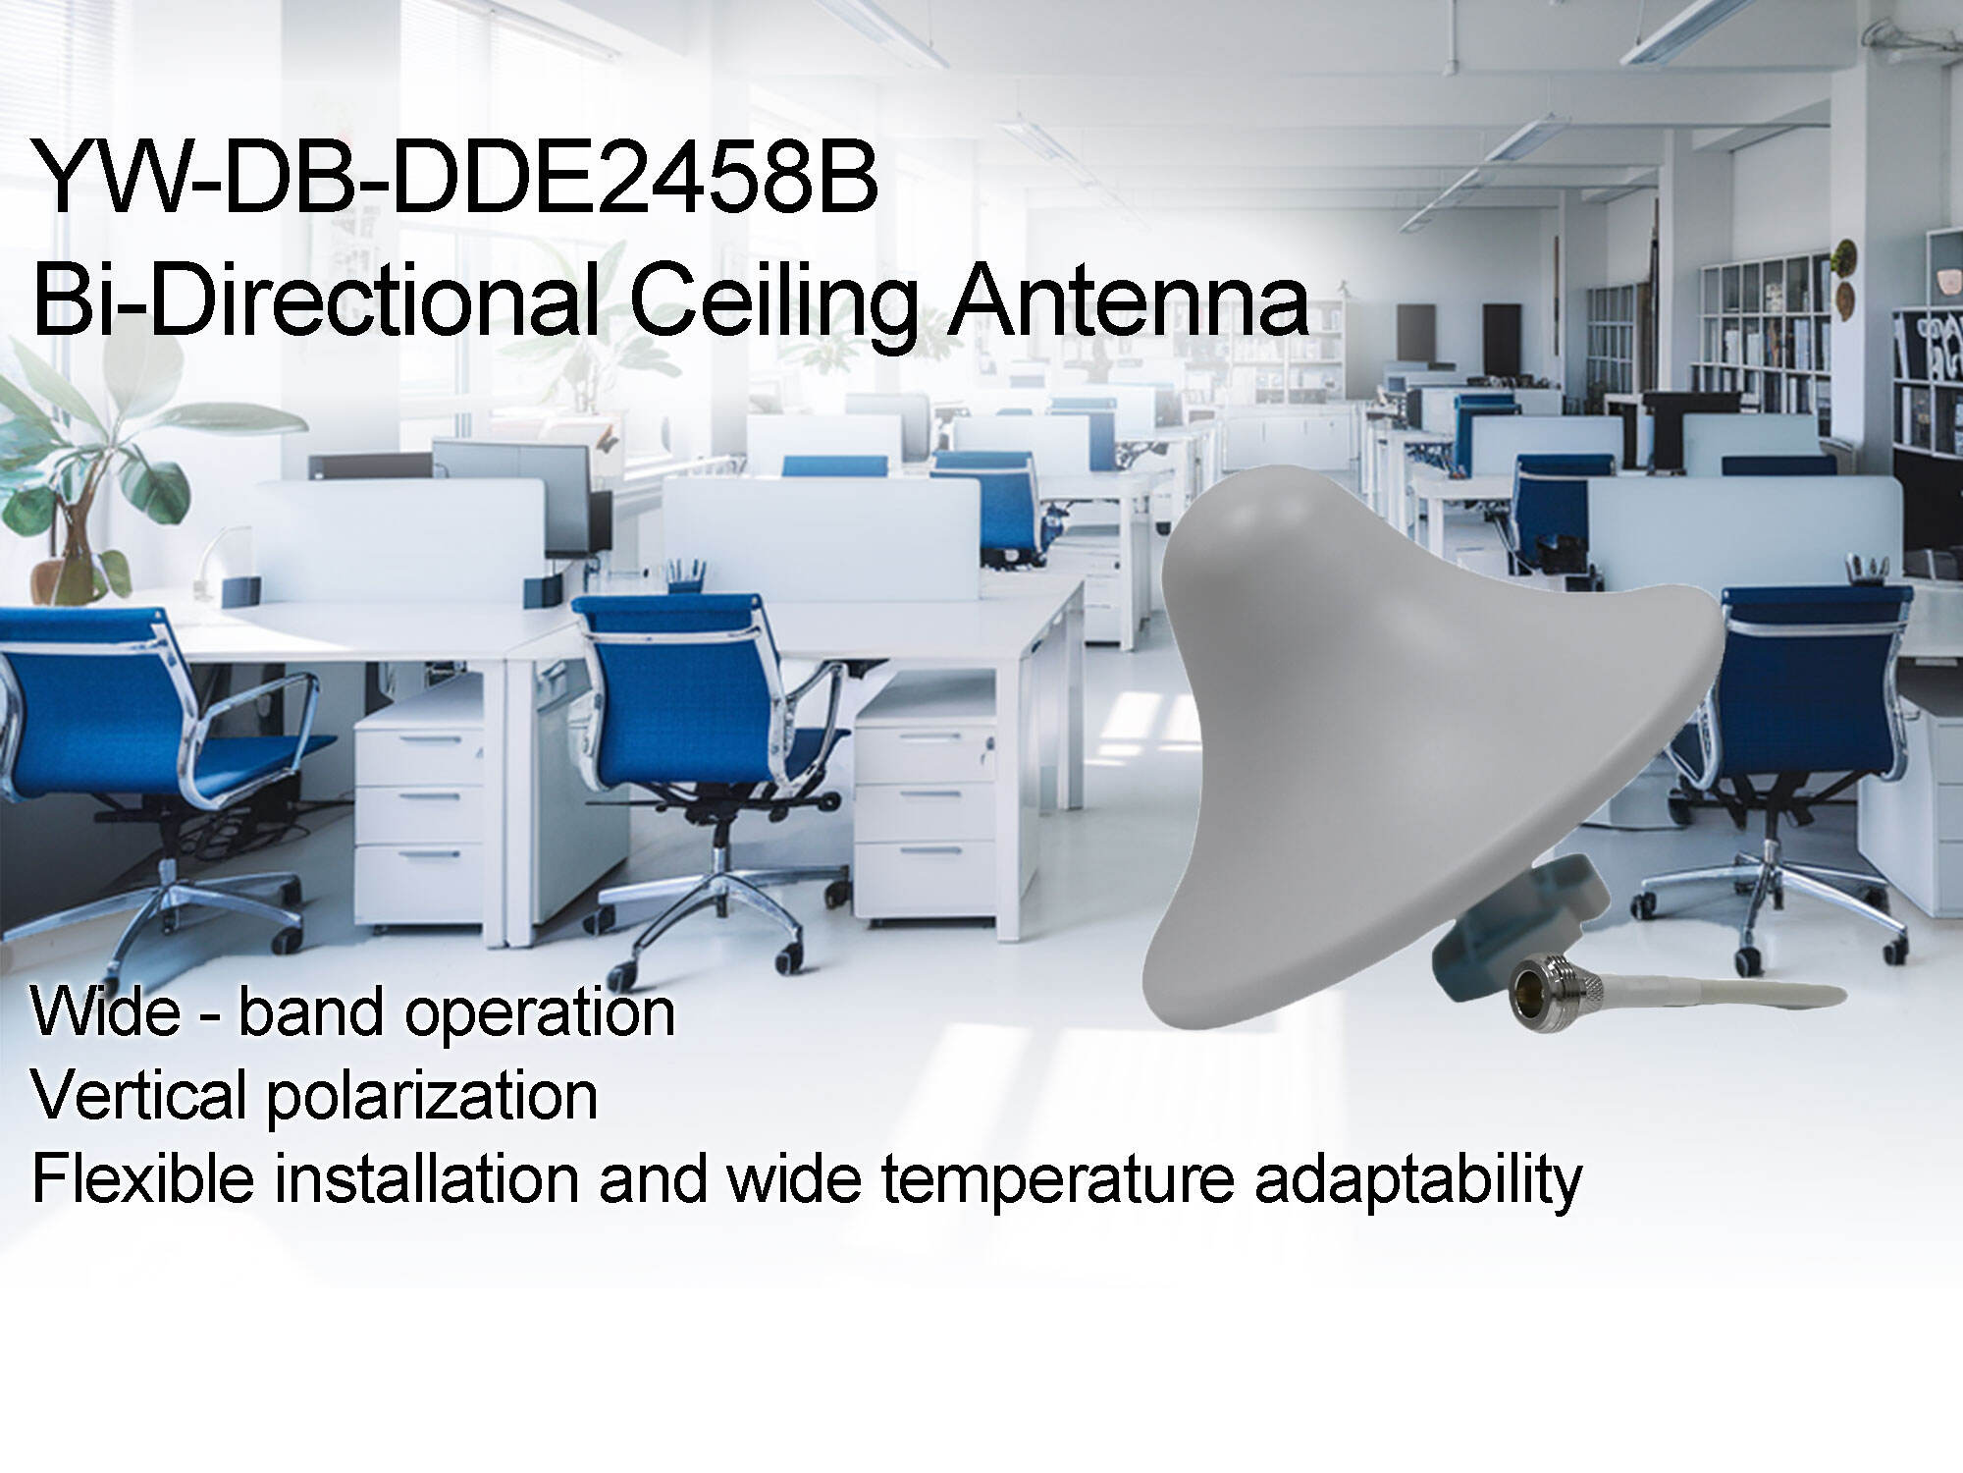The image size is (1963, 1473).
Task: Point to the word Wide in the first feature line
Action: (x=104, y=1011)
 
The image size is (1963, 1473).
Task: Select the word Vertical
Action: (x=137, y=1095)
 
